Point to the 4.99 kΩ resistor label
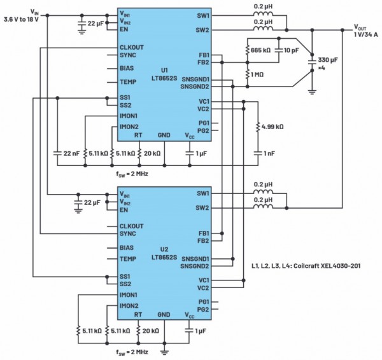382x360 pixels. (x=272, y=127)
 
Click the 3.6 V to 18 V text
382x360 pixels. (x=25, y=20)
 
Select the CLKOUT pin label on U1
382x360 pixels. (x=132, y=48)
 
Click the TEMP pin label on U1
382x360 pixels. (x=128, y=81)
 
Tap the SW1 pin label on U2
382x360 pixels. (x=203, y=193)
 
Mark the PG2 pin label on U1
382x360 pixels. (x=204, y=130)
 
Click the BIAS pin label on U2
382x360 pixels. (x=127, y=247)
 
